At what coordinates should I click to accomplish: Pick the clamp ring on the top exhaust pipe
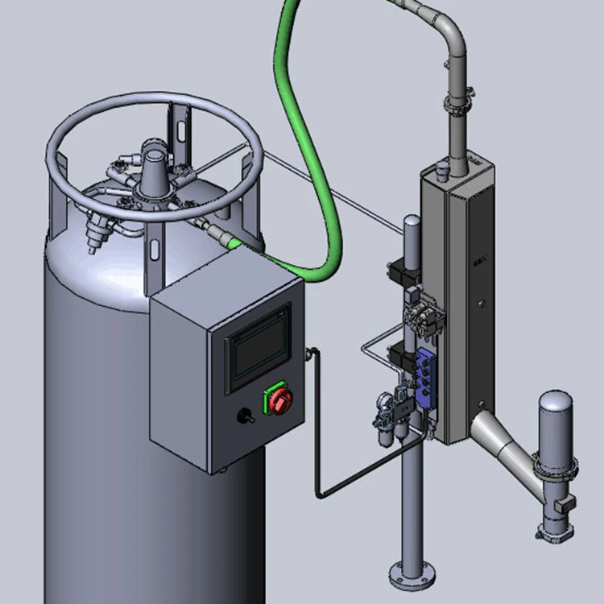455,104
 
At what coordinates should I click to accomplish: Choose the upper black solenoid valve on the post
400,271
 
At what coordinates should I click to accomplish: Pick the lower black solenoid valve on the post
400,354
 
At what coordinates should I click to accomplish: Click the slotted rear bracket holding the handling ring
178,128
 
